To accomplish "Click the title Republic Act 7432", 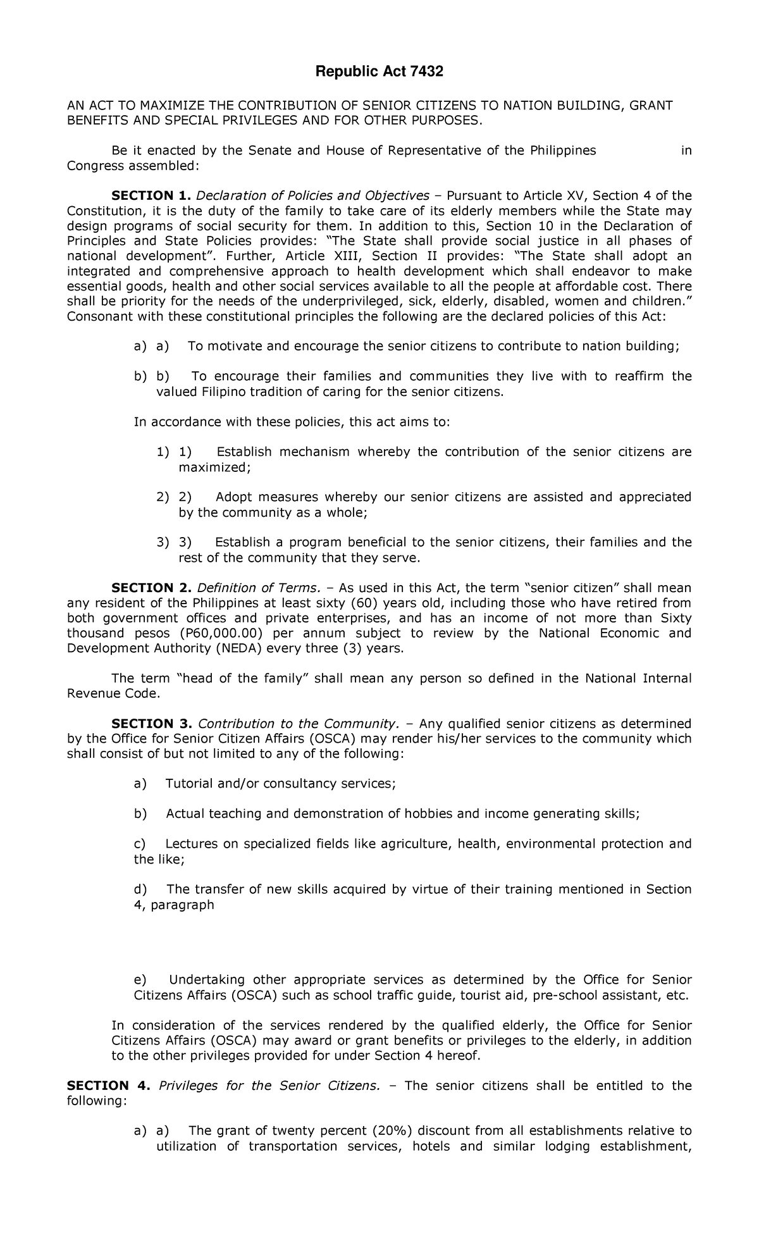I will pyautogui.click(x=379, y=73).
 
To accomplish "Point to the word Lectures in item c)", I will pyautogui.click(x=191, y=844).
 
